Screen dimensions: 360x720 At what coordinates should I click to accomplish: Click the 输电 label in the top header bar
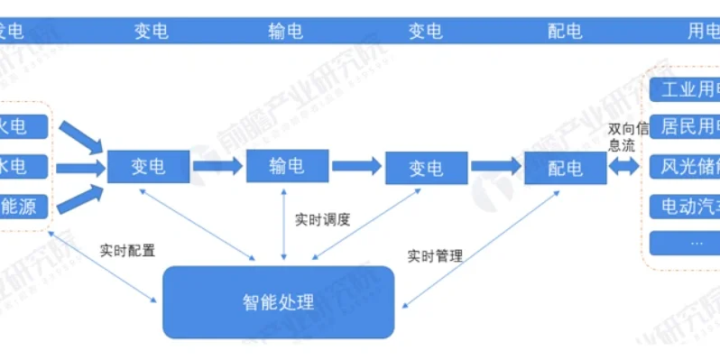[286, 32]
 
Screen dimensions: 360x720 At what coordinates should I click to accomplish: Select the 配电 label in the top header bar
[566, 32]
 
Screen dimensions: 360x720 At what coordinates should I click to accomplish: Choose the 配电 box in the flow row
[566, 168]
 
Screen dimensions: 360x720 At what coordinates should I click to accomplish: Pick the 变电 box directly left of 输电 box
[149, 167]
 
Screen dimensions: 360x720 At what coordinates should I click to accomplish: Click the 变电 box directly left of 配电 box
[426, 168]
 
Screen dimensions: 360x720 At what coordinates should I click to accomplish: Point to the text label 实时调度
[322, 219]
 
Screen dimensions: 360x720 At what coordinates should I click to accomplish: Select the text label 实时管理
[435, 256]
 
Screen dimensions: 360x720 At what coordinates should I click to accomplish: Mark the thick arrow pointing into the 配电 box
[495, 167]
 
